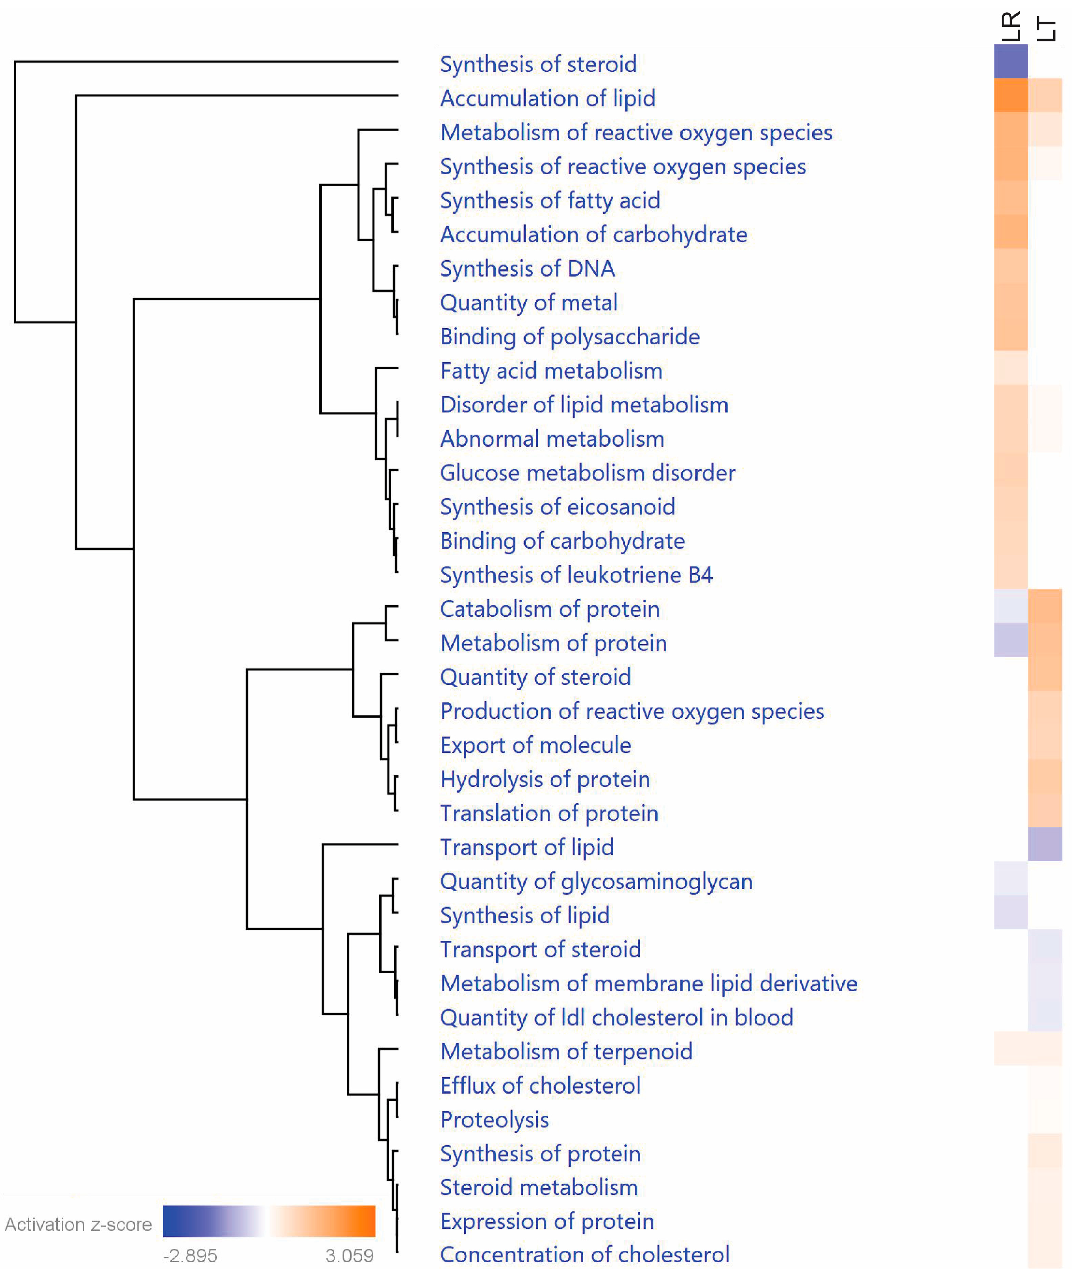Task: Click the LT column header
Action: coord(1045,29)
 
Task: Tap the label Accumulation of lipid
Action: coord(548,98)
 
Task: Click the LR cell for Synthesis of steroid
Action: coord(1010,61)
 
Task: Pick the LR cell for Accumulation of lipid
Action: coord(1010,95)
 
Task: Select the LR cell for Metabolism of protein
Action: coord(1010,639)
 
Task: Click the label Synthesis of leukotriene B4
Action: coord(576,574)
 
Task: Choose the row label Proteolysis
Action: coord(495,1119)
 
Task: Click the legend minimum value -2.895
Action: coord(190,1256)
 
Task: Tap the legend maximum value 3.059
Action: coord(349,1256)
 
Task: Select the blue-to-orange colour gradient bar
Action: coord(269,1221)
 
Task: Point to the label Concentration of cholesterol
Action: coord(585,1254)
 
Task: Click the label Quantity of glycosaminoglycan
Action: coord(596,881)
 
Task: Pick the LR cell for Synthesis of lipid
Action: coord(1010,912)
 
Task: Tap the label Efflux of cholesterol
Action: coord(540,1085)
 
